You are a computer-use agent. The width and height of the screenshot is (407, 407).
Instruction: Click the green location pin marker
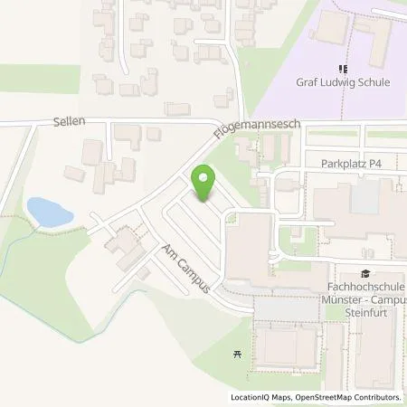205,183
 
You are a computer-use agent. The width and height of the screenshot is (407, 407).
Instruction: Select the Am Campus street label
186,268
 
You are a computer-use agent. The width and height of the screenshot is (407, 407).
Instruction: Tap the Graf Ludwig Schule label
343,82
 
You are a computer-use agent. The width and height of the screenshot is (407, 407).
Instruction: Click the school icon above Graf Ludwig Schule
343,67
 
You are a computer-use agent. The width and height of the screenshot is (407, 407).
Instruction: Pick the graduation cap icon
364,273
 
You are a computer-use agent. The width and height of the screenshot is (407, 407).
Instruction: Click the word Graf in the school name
308,82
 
